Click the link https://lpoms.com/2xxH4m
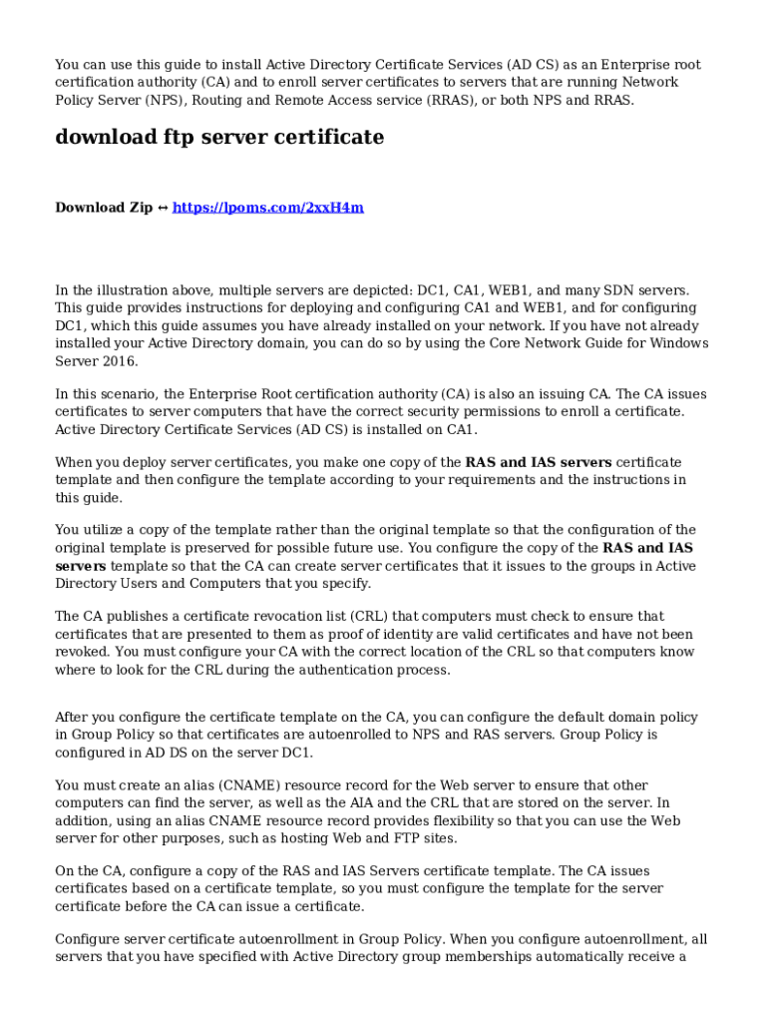tap(267, 208)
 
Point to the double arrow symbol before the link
tap(163, 208)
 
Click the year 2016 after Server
tap(119, 361)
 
